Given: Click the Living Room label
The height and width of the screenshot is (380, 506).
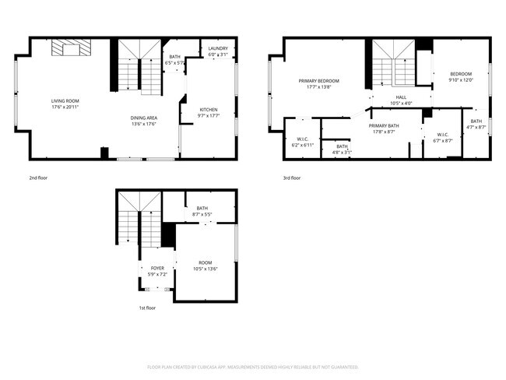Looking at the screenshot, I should point(65,100).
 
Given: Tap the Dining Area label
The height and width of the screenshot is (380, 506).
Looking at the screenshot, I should point(144,118).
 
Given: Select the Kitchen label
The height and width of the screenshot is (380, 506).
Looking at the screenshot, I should point(209,109).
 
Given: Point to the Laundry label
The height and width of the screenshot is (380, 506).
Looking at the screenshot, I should point(218,48).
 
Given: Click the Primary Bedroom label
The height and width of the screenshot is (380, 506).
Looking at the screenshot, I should point(319,81).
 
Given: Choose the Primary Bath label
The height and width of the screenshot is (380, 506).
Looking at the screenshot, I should point(384,126).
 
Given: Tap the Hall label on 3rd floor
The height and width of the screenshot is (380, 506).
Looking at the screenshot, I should point(401,97).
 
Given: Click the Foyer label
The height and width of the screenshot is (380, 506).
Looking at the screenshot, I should point(157,268).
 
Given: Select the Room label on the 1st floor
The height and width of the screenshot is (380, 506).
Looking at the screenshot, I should point(206,263).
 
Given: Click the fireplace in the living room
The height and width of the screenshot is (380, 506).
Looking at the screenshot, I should point(72,49).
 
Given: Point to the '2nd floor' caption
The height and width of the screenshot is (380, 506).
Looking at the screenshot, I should point(39,178).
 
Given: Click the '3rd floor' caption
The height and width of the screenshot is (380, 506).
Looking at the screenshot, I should point(291,178).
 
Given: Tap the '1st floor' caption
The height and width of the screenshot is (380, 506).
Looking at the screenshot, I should point(147,308).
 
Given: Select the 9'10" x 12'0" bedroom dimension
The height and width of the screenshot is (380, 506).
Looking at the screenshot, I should point(461,80).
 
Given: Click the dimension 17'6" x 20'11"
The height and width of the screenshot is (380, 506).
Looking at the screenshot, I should point(65,107).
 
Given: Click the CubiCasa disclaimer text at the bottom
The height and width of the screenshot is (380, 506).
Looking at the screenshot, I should point(253,366).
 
